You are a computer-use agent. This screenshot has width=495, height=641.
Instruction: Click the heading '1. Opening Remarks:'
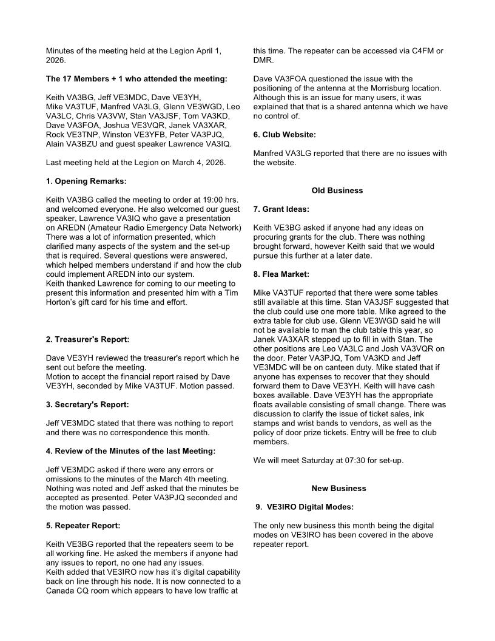pyautogui.click(x=86, y=181)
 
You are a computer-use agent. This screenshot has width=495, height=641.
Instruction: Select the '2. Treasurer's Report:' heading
pyautogui.click(x=87, y=339)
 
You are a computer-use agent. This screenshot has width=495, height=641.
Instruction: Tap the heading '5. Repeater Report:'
pyautogui.click(x=82, y=525)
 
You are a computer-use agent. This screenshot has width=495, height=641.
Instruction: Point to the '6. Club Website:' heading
pyautogui.click(x=285, y=135)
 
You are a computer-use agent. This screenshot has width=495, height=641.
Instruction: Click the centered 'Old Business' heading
pyautogui.click(x=337, y=191)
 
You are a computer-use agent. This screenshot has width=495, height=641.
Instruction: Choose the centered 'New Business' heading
pyautogui.click(x=338, y=488)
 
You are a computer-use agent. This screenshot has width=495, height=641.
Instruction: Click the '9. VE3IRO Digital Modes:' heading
pyautogui.click(x=305, y=507)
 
